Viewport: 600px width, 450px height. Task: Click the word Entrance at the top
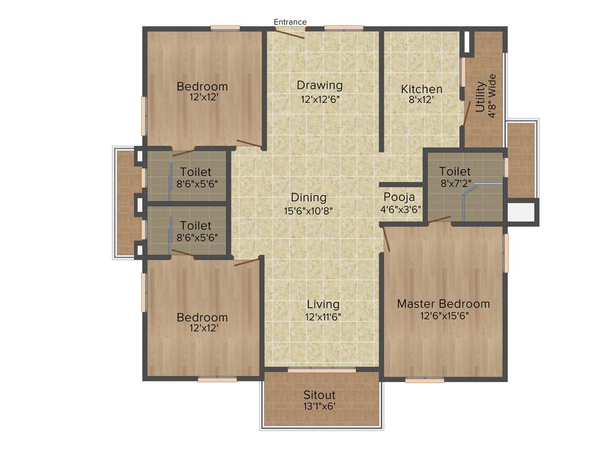pos(290,22)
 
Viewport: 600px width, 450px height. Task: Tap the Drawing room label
pos(319,86)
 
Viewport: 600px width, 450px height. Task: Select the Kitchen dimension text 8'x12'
pos(421,100)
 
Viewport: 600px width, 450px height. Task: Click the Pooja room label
pos(400,197)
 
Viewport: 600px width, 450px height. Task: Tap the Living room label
pos(323,304)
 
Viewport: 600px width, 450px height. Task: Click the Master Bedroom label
pos(444,304)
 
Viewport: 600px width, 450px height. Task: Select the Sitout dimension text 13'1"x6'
pos(319,405)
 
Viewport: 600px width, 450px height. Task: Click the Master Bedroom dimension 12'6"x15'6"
pos(444,315)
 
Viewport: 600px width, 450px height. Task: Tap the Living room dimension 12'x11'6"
pos(323,316)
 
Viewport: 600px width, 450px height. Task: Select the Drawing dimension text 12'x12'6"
pos(320,98)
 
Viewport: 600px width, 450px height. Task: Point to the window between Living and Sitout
pos(321,370)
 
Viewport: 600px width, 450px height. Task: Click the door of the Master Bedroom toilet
pos(439,220)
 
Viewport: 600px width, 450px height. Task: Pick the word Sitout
pos(319,394)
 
